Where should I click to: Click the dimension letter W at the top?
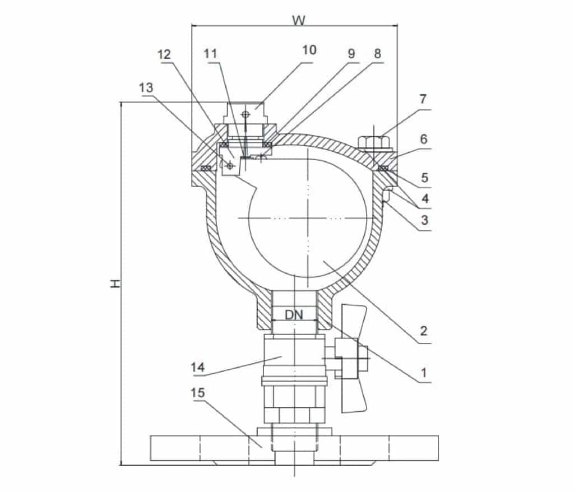click(298, 20)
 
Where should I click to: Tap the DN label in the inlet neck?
click(294, 314)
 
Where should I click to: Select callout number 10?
click(309, 50)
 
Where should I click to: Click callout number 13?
click(146, 88)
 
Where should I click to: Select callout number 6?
click(424, 138)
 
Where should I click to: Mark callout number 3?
click(424, 220)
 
